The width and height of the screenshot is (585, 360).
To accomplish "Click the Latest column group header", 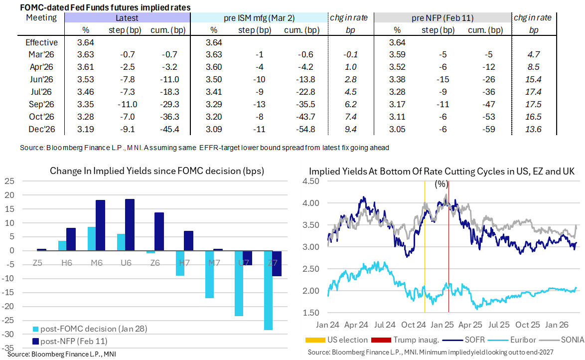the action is click(127, 18).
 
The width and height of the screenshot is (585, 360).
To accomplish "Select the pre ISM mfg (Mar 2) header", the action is click(259, 18).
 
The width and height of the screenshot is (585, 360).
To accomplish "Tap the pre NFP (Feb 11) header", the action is click(442, 18).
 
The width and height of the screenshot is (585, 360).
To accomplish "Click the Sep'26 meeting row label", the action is click(41, 105).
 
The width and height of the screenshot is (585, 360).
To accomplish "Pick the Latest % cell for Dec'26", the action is click(85, 129).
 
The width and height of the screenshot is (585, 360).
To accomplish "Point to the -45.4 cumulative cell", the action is click(170, 129).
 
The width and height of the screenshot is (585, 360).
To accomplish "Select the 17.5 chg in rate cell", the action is click(533, 105).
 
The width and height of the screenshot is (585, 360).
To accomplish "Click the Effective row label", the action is click(41, 42).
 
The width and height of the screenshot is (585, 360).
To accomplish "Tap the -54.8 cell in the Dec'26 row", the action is click(305, 129).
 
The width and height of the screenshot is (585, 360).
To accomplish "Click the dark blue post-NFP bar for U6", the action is click(130, 225).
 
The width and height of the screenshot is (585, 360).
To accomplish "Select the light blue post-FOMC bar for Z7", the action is click(268, 290).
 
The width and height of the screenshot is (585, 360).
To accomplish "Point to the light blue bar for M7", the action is click(209, 274).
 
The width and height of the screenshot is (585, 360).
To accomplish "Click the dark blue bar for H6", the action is click(71, 239).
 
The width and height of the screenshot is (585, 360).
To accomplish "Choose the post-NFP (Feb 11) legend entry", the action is click(70, 342).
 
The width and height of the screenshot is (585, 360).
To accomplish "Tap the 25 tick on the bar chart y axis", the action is click(9, 181).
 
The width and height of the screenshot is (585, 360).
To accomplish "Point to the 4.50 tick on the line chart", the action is click(311, 181).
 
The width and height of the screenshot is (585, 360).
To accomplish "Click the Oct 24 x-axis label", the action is click(414, 325).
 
